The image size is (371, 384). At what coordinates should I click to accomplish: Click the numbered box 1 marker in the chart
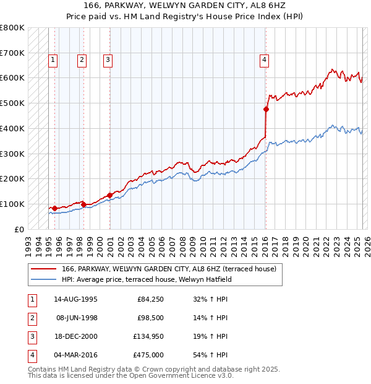[x=53, y=60]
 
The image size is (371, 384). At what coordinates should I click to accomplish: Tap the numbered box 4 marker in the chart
[x=264, y=60]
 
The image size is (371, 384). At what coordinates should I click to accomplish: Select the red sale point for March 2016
[x=266, y=110]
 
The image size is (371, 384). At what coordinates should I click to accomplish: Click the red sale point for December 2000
[x=109, y=195]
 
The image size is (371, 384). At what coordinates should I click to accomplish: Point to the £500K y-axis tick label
[x=12, y=103]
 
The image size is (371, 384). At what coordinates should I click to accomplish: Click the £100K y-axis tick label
[x=12, y=204]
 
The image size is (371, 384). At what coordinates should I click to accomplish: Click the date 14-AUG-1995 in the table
[x=75, y=299]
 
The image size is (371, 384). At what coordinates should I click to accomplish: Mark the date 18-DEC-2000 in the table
[x=75, y=336]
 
